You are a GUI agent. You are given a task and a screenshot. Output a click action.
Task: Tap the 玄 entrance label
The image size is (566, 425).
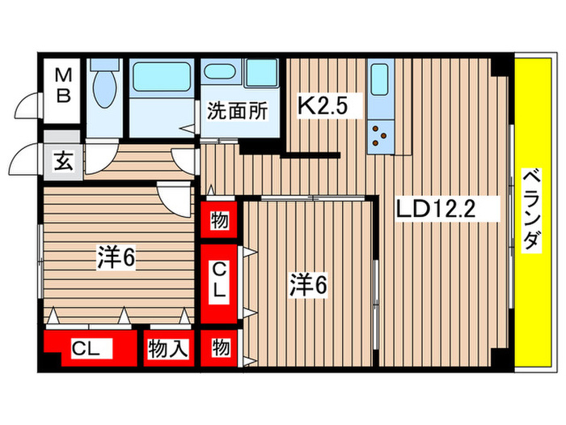coord(62,159)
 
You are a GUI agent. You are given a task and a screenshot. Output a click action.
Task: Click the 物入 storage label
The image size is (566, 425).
coord(167,350)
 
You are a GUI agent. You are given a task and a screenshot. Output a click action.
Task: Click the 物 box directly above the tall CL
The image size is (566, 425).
coord(220,220)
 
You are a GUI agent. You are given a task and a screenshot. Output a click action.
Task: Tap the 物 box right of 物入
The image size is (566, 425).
coord(220,349)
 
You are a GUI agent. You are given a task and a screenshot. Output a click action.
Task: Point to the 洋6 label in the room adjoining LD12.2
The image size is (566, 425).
coord(308,284)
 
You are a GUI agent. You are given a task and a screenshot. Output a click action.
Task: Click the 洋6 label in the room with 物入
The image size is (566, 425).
coord(116,258)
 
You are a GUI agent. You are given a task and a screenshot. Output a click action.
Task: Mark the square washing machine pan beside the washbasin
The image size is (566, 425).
coord(260,74)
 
